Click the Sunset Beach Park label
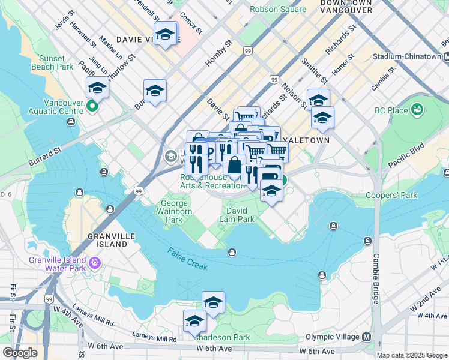point(56,62)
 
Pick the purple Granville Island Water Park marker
point(94,262)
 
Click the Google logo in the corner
point(20,353)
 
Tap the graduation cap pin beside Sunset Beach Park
point(97,88)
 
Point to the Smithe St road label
point(315,75)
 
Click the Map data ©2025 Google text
point(411,355)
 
